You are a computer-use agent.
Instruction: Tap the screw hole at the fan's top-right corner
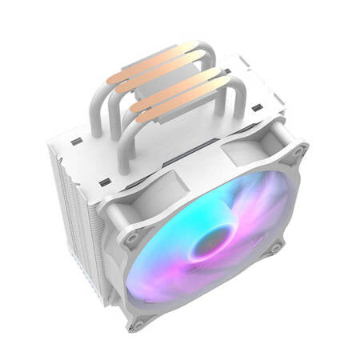point(298,150)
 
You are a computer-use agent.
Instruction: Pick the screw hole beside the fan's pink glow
point(274,249)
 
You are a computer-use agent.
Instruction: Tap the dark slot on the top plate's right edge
point(258,106)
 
